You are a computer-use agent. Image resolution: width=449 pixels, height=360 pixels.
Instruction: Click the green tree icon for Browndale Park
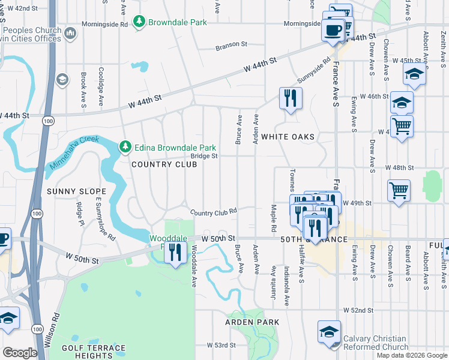(x=139, y=22)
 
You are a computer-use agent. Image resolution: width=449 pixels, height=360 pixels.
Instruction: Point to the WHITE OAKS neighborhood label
(x=288, y=137)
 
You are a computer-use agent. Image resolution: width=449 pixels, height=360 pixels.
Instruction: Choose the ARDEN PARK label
(x=252, y=322)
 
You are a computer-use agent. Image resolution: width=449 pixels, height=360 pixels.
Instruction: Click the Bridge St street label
(x=205, y=155)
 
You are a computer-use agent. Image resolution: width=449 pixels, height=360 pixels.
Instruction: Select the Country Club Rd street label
(x=214, y=212)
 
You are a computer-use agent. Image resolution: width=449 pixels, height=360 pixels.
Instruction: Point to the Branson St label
(x=231, y=44)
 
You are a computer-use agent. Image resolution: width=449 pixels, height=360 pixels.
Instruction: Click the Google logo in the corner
(x=20, y=353)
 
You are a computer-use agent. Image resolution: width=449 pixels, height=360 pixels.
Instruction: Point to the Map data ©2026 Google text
(x=411, y=355)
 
